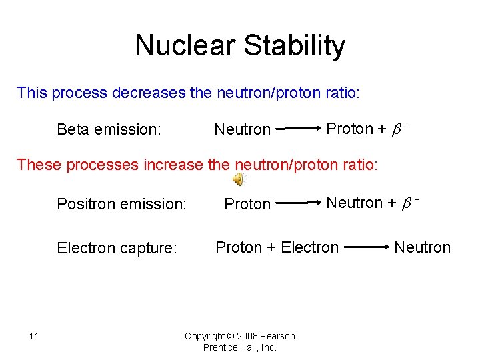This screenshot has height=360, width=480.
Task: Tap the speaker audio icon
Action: [x=238, y=179]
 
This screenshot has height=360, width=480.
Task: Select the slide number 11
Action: [x=34, y=335]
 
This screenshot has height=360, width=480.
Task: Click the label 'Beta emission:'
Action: [x=109, y=129]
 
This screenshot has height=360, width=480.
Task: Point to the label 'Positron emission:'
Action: [x=121, y=203]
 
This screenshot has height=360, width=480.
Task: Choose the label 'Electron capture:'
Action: [x=117, y=249]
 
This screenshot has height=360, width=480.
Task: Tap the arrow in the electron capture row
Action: [x=367, y=247]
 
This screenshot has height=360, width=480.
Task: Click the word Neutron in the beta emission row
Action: [x=242, y=129]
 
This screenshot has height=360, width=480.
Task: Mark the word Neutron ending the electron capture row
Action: [x=422, y=248]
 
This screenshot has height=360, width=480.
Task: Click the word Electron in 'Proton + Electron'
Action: [x=309, y=248]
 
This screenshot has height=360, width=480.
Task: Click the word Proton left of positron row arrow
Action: [x=247, y=203]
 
